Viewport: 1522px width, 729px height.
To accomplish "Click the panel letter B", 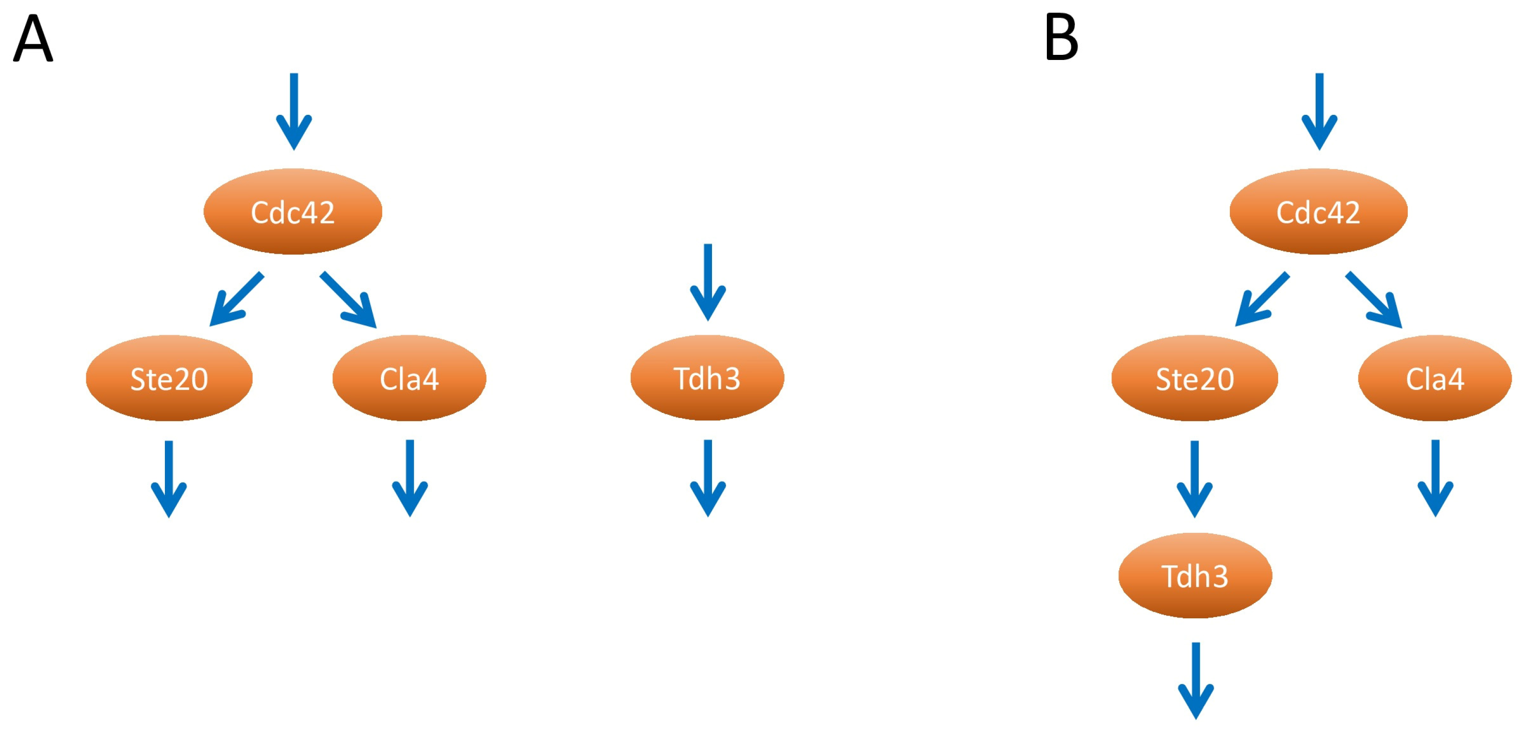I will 1061,38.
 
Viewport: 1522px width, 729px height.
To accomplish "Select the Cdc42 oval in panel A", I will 293,212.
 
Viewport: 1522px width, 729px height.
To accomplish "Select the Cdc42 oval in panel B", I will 1318,212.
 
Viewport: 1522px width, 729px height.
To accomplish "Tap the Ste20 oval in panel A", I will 169,378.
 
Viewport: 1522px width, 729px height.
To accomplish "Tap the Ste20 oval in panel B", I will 1195,378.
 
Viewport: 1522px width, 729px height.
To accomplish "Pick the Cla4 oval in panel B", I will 1435,378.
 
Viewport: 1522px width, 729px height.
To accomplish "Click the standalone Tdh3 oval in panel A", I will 707,378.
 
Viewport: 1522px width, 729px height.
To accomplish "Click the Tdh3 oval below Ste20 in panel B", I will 1195,575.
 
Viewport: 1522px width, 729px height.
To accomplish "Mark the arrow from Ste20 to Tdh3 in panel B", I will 1195,479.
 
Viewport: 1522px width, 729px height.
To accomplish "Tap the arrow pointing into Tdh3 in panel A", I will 708,282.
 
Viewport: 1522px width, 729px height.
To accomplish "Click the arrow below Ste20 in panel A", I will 169,479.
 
